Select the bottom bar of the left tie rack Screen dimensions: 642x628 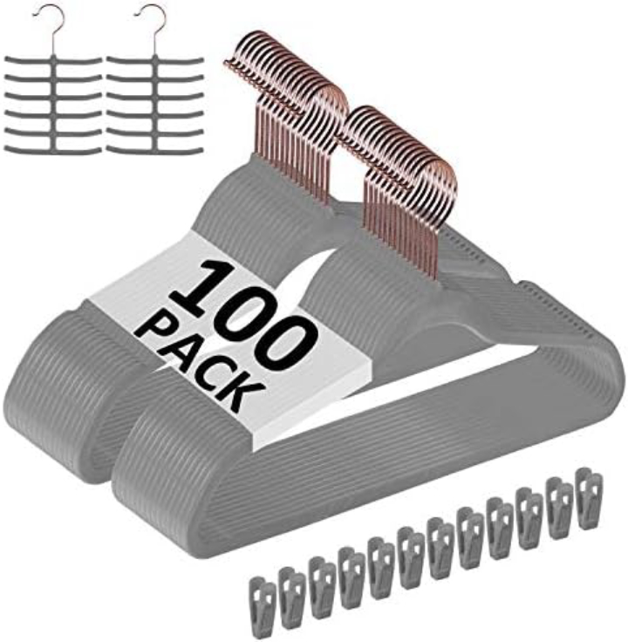pos(52,149)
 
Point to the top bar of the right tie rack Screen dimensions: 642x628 pos(154,62)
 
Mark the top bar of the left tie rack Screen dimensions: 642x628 pos(52,62)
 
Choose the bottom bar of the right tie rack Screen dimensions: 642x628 pos(154,149)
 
